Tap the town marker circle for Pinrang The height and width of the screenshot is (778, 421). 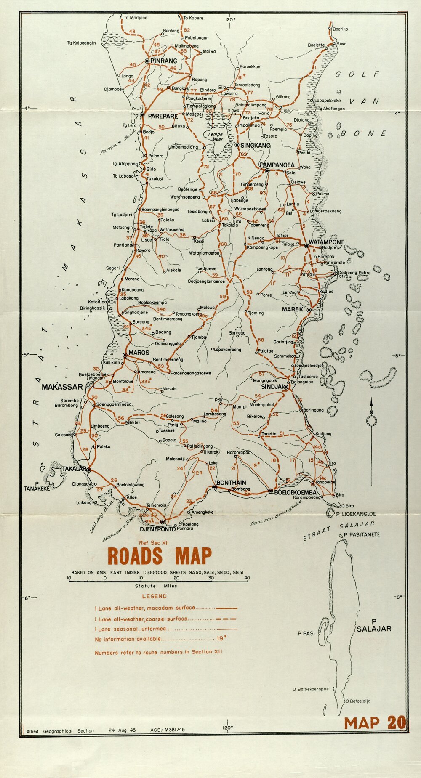tap(147, 61)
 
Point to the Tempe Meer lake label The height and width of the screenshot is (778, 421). tap(216, 137)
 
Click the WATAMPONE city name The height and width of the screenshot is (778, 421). tap(326, 242)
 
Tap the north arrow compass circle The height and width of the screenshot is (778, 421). tap(371, 420)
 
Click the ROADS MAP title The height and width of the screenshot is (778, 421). tap(160, 556)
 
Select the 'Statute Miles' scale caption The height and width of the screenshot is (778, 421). tap(156, 586)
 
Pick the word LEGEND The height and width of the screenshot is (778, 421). tap(154, 596)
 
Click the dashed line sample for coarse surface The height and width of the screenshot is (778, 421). tap(226, 619)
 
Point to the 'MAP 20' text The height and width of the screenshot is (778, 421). tap(375, 722)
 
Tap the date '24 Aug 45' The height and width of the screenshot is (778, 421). tap(122, 730)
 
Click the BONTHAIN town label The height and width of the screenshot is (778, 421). tap(231, 483)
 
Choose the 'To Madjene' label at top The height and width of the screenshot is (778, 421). tap(134, 18)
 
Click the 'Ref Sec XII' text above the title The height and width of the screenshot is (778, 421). tap(154, 543)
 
